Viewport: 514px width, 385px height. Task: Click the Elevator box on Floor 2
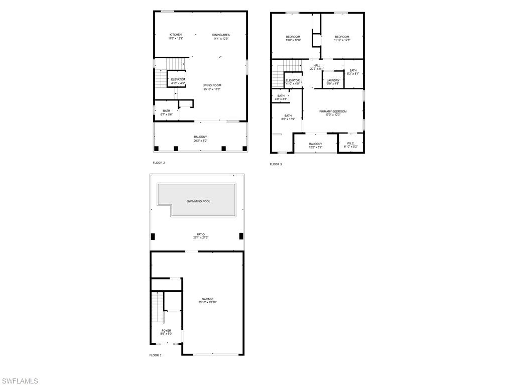point(178,81)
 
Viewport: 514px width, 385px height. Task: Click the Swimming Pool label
point(199,201)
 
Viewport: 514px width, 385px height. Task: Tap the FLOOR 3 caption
point(276,164)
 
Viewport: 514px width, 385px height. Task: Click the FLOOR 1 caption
point(156,355)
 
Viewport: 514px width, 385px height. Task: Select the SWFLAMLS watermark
point(20,380)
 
